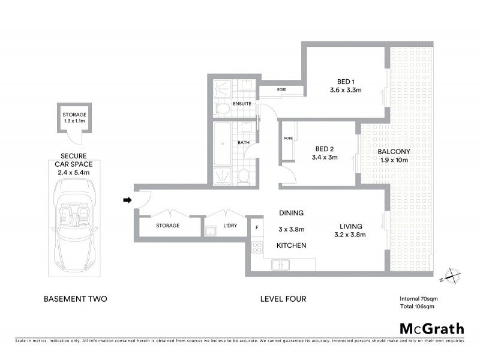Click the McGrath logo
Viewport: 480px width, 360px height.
tap(432, 328)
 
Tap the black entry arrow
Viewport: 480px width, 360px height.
tap(127, 200)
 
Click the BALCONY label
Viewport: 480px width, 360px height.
tap(393, 156)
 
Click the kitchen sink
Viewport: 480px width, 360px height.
tap(281, 264)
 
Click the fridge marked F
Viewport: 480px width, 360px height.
tap(257, 227)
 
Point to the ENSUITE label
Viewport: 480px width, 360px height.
tap(242, 104)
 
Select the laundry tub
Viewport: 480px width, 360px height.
tap(211, 232)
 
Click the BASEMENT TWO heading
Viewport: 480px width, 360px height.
tap(76, 298)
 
